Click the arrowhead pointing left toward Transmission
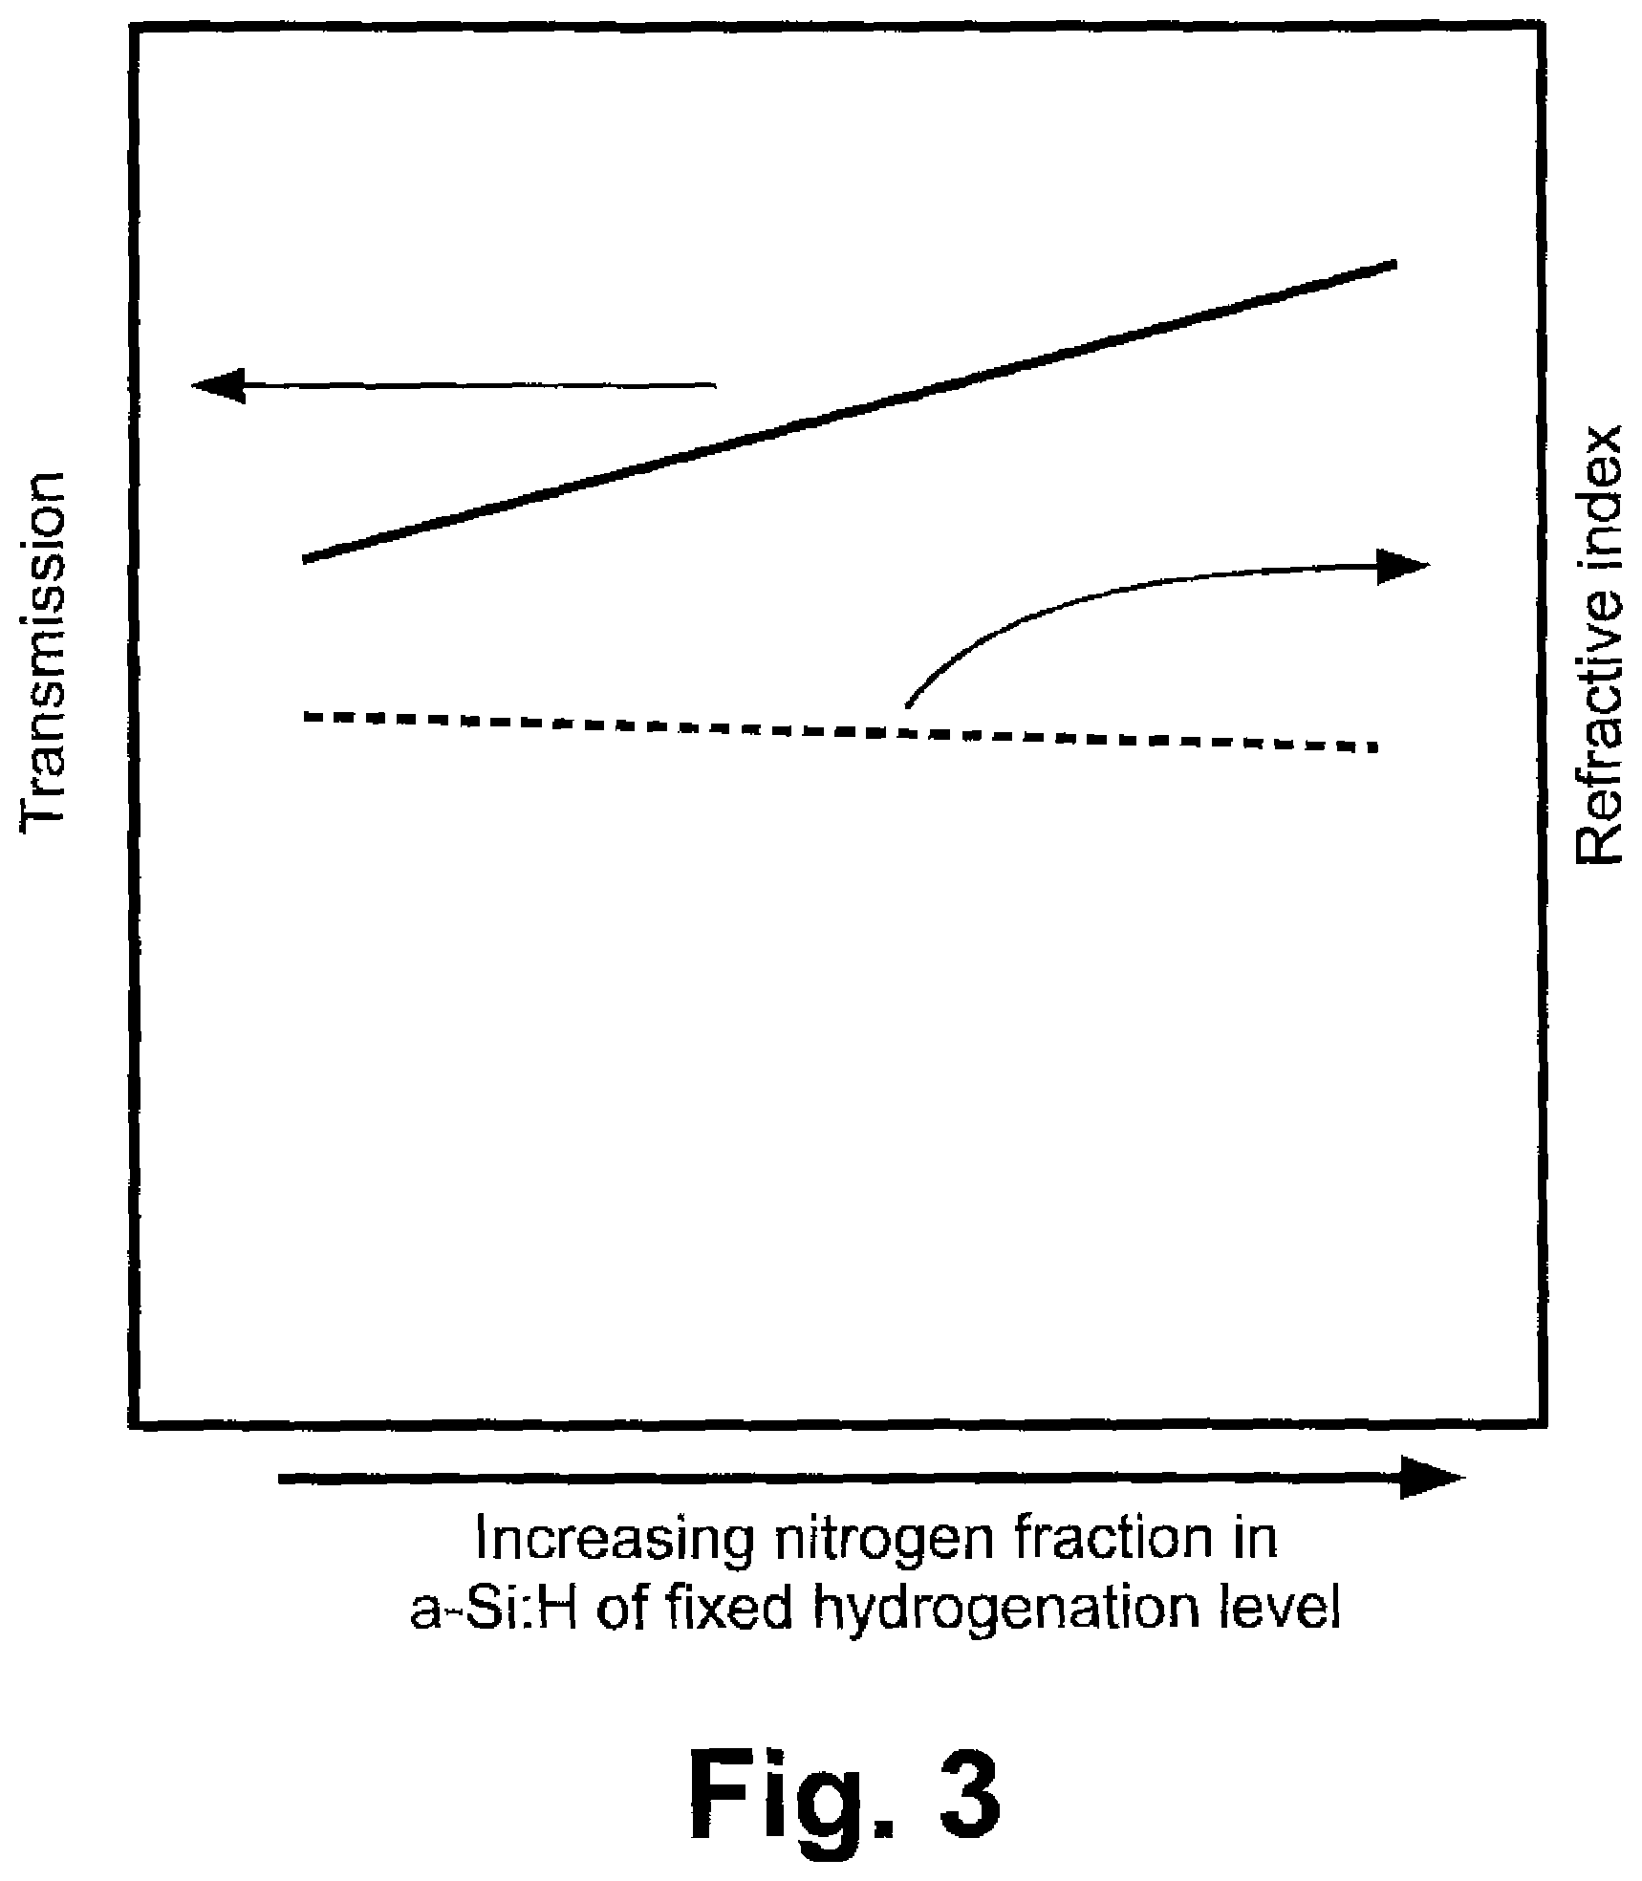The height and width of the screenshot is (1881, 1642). (219, 385)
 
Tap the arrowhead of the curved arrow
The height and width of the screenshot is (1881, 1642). (1402, 565)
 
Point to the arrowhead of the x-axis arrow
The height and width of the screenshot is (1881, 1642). (1433, 1478)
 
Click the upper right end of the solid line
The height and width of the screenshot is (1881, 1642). (1395, 263)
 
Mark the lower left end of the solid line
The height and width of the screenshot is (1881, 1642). (305, 559)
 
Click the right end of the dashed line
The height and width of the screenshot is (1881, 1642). (1375, 746)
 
